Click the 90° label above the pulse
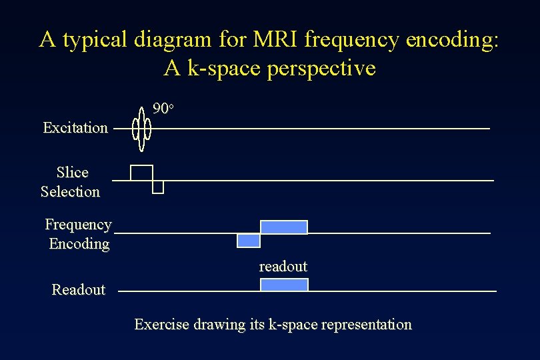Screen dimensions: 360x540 (x=163, y=108)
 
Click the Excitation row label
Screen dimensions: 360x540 (x=75, y=127)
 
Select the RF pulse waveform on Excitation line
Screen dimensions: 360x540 (x=141, y=128)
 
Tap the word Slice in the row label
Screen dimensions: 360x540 (x=72, y=173)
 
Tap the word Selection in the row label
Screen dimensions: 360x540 (x=70, y=192)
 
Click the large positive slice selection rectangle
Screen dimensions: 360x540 (x=141, y=173)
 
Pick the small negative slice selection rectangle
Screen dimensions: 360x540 (x=158, y=187)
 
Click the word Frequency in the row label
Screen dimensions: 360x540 (x=78, y=225)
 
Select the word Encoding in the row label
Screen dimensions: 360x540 (x=79, y=244)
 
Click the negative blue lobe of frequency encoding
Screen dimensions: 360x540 (x=249, y=241)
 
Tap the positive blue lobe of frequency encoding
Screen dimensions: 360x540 (x=284, y=227)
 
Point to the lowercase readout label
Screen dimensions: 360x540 (x=283, y=267)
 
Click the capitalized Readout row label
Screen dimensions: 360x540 (x=79, y=289)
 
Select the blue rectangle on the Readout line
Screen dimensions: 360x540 (x=284, y=285)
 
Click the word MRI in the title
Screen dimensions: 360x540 (x=276, y=40)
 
